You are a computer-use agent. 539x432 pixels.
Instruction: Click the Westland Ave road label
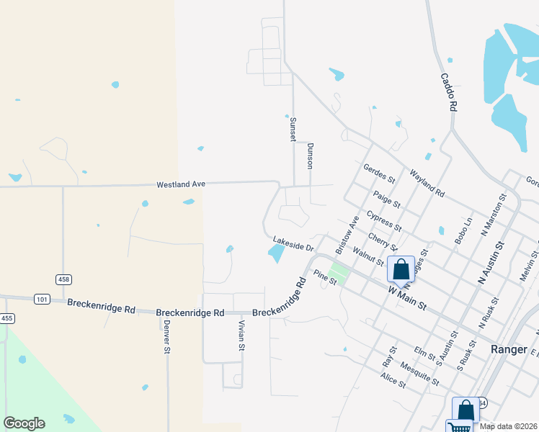point(182,185)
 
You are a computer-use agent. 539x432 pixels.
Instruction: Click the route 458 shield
point(63,279)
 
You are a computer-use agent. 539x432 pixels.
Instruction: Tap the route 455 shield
point(6,318)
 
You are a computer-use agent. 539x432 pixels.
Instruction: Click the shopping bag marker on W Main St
point(401,269)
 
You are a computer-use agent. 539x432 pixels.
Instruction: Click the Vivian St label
point(242,336)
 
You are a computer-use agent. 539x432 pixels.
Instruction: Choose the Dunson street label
point(311,155)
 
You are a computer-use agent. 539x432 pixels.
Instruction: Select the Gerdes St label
point(380,174)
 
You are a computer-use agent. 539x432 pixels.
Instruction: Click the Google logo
point(24,423)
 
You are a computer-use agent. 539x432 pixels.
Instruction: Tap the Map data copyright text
point(509,426)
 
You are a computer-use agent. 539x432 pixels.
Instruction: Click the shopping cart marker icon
point(458,427)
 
